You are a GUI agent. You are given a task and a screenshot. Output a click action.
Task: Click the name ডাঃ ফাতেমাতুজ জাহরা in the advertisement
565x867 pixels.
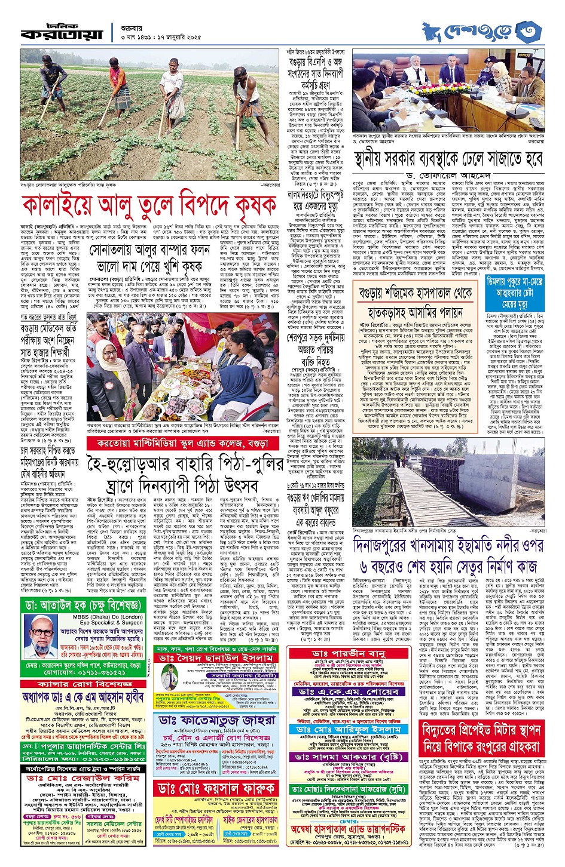tap(217, 720)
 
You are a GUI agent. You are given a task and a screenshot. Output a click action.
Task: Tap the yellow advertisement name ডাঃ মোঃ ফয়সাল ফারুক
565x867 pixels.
tap(216, 788)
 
